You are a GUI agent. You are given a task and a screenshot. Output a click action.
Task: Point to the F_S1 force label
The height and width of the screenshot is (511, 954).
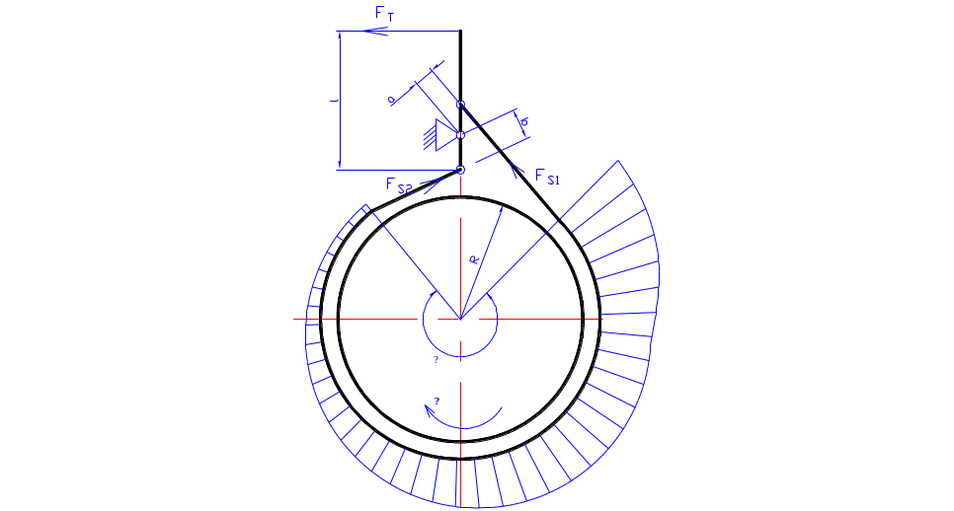pyautogui.click(x=547, y=177)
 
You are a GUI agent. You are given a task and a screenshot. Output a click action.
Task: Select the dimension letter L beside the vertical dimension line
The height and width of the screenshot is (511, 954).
pyautogui.click(x=335, y=101)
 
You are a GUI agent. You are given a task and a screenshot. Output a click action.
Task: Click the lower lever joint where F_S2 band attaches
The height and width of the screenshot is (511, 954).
pyautogui.click(x=461, y=170)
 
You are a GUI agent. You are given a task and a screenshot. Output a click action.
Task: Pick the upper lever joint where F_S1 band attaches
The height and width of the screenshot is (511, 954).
pyautogui.click(x=460, y=104)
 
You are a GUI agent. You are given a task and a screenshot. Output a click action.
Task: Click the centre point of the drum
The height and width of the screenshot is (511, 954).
pyautogui.click(x=460, y=318)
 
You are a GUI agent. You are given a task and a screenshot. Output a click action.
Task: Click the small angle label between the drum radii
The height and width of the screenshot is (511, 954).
pyautogui.click(x=474, y=259)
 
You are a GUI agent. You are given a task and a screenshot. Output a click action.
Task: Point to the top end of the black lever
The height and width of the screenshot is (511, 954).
pyautogui.click(x=460, y=32)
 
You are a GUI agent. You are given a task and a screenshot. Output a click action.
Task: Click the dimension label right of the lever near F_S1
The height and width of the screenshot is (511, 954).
pyautogui.click(x=524, y=122)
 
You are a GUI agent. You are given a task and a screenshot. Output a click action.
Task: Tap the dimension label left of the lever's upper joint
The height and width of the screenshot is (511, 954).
pyautogui.click(x=392, y=100)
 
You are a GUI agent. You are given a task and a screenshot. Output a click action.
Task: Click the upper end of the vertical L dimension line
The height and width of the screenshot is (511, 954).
pyautogui.click(x=340, y=32)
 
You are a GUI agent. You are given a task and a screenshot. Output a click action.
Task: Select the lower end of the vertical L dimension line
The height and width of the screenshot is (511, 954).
pyautogui.click(x=340, y=169)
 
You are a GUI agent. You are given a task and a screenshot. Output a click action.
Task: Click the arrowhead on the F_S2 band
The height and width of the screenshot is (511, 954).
pyautogui.click(x=429, y=183)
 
